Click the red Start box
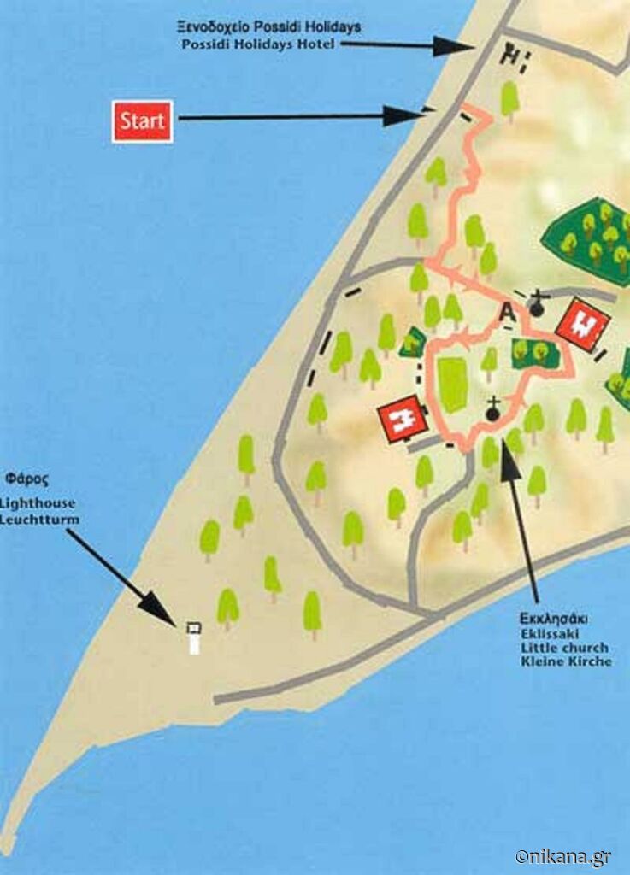142,120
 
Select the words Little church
565,647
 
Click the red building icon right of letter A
582,325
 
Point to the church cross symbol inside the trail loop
492,411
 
